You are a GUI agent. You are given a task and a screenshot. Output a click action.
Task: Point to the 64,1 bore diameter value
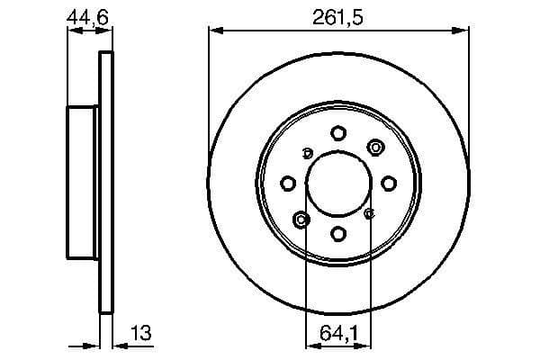(338, 334)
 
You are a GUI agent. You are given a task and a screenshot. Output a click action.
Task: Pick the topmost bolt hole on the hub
(338, 133)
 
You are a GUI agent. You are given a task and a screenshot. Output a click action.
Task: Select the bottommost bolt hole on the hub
(338, 234)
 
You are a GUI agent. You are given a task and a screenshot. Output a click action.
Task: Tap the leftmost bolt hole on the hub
(288, 184)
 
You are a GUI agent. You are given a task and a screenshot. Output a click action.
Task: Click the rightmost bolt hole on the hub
(389, 184)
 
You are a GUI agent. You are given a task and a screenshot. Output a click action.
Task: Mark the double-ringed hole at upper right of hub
(374, 148)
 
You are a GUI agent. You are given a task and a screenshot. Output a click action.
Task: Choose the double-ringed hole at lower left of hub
(301, 220)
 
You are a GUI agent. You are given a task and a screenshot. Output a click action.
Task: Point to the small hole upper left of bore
(307, 152)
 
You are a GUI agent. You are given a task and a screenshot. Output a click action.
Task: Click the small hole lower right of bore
(370, 214)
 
